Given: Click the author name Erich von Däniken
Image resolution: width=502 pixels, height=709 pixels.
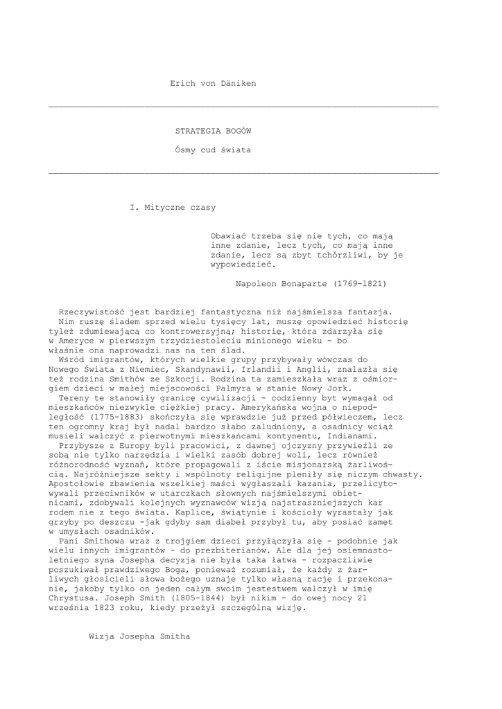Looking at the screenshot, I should coord(213,84).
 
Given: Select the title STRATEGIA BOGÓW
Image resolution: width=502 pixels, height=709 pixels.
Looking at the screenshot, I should coord(213,130).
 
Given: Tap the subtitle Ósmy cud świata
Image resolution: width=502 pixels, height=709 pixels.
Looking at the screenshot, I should coord(213,150).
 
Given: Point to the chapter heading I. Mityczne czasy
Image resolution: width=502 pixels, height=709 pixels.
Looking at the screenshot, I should coord(173,207).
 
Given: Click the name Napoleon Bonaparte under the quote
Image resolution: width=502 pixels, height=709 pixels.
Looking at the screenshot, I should coord(282,284).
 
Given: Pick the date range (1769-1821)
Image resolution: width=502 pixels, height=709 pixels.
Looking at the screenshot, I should coord(360,284).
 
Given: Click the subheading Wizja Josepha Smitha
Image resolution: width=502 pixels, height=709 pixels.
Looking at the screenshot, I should coord(139,636).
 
